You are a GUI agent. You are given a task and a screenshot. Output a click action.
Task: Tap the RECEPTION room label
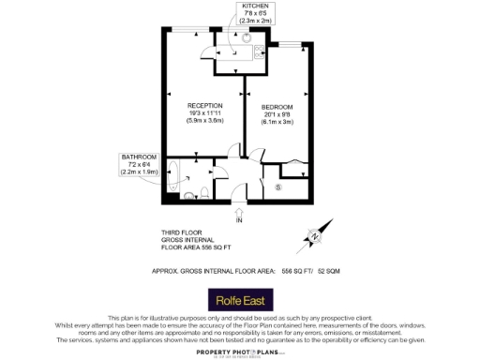pyautogui.click(x=204, y=105)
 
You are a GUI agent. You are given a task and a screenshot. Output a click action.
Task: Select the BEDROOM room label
pyautogui.click(x=277, y=108)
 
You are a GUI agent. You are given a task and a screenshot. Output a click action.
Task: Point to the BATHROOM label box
pyautogui.click(x=138, y=163)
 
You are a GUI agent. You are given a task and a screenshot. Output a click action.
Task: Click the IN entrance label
pyautogui.click(x=239, y=221)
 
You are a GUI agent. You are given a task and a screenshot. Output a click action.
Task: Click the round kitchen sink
pyautogui.click(x=242, y=40)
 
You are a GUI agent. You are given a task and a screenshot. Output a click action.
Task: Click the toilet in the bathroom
pyautogui.click(x=190, y=194)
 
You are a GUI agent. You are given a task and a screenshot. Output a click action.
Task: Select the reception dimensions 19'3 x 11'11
pyautogui.click(x=204, y=112)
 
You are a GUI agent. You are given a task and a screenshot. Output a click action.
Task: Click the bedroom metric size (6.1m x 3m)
pyautogui.click(x=277, y=123)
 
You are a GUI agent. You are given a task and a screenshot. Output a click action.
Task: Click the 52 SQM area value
pyautogui.click(x=326, y=270)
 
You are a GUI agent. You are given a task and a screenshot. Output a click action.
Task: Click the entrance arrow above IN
pyautogui.click(x=239, y=211)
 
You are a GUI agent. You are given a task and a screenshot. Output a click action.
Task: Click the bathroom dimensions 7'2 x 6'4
pyautogui.click(x=138, y=165)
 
